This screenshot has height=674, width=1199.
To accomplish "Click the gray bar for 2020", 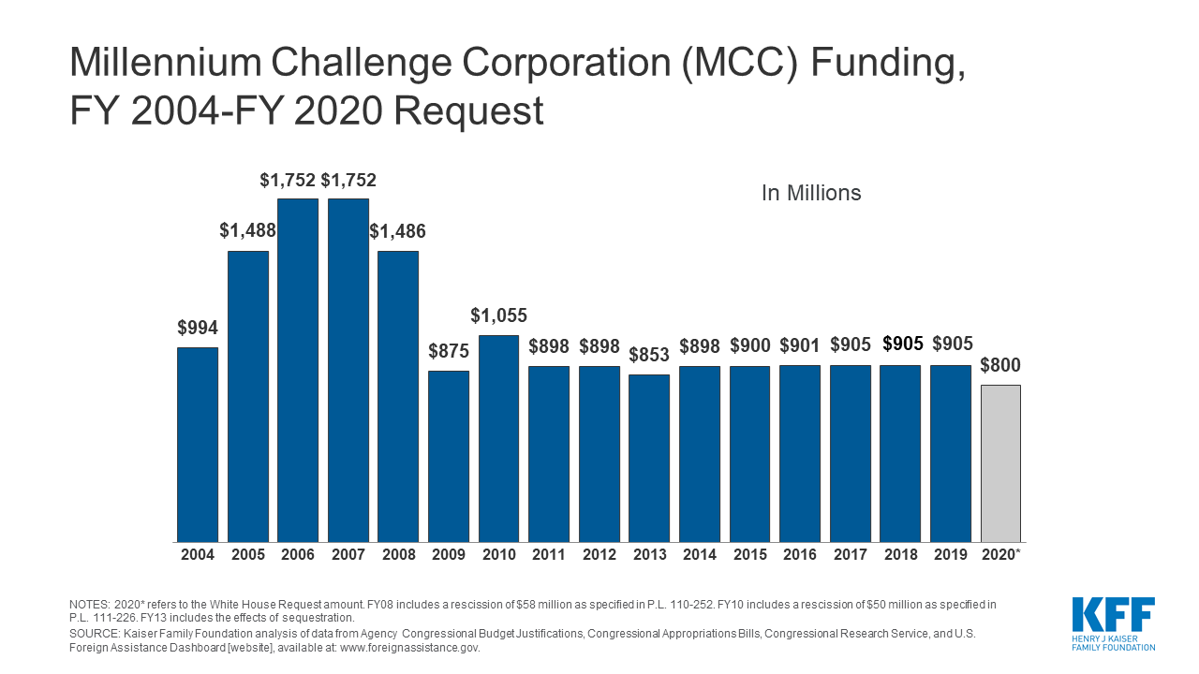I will (1000, 463).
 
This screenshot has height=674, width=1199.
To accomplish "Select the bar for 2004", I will (198, 445).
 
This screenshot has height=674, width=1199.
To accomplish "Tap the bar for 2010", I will (498, 438).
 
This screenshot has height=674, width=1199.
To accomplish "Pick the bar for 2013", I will (649, 458).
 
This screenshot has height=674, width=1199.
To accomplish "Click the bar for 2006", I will (298, 370).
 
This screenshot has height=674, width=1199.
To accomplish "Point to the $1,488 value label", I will (247, 230).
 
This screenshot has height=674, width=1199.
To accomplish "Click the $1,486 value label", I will (398, 230).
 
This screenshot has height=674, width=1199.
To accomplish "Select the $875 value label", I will (449, 351).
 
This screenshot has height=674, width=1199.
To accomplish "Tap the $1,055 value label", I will (498, 315).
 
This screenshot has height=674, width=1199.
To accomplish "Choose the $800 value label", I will (1000, 365).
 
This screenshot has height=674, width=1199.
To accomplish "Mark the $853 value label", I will (649, 355).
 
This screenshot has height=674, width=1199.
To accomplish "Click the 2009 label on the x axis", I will (449, 555).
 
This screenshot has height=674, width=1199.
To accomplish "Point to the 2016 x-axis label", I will (800, 555).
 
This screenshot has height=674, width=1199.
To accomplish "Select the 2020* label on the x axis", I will (1001, 555).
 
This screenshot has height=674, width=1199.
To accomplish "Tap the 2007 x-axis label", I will (348, 555).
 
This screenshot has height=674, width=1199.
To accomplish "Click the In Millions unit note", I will (810, 194).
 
